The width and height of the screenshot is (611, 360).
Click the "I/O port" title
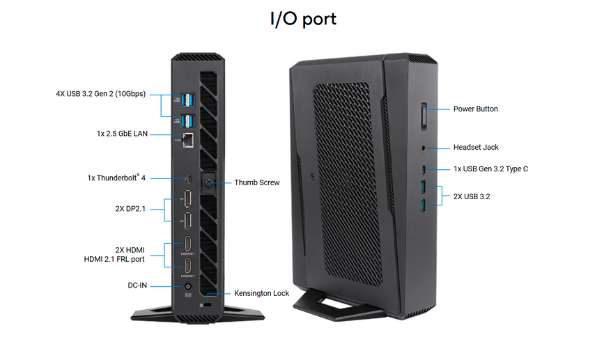point(303,18)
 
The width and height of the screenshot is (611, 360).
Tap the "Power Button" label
point(475,109)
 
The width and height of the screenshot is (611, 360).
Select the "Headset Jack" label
point(476,147)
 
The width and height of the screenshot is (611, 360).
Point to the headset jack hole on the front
point(425,148)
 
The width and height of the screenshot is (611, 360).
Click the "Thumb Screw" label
point(256,182)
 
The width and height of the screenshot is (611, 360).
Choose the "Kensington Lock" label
point(261,293)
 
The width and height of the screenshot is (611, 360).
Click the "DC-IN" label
point(139,285)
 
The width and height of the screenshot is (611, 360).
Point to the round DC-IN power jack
point(187,285)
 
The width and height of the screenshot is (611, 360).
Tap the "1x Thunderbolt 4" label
point(116,178)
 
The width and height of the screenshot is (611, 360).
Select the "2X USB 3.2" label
point(472,196)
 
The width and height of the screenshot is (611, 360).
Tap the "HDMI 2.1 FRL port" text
point(114,259)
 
